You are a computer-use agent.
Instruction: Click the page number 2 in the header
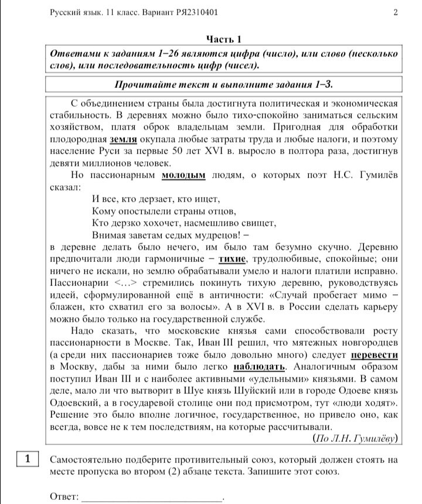(396, 12)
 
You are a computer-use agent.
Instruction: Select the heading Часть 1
(223, 40)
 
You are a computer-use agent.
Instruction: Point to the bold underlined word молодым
(183, 175)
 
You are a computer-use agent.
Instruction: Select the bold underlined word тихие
(232, 259)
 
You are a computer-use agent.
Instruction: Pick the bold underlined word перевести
(375, 355)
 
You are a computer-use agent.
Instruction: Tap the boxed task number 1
(27, 459)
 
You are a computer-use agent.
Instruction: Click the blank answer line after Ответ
(152, 497)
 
